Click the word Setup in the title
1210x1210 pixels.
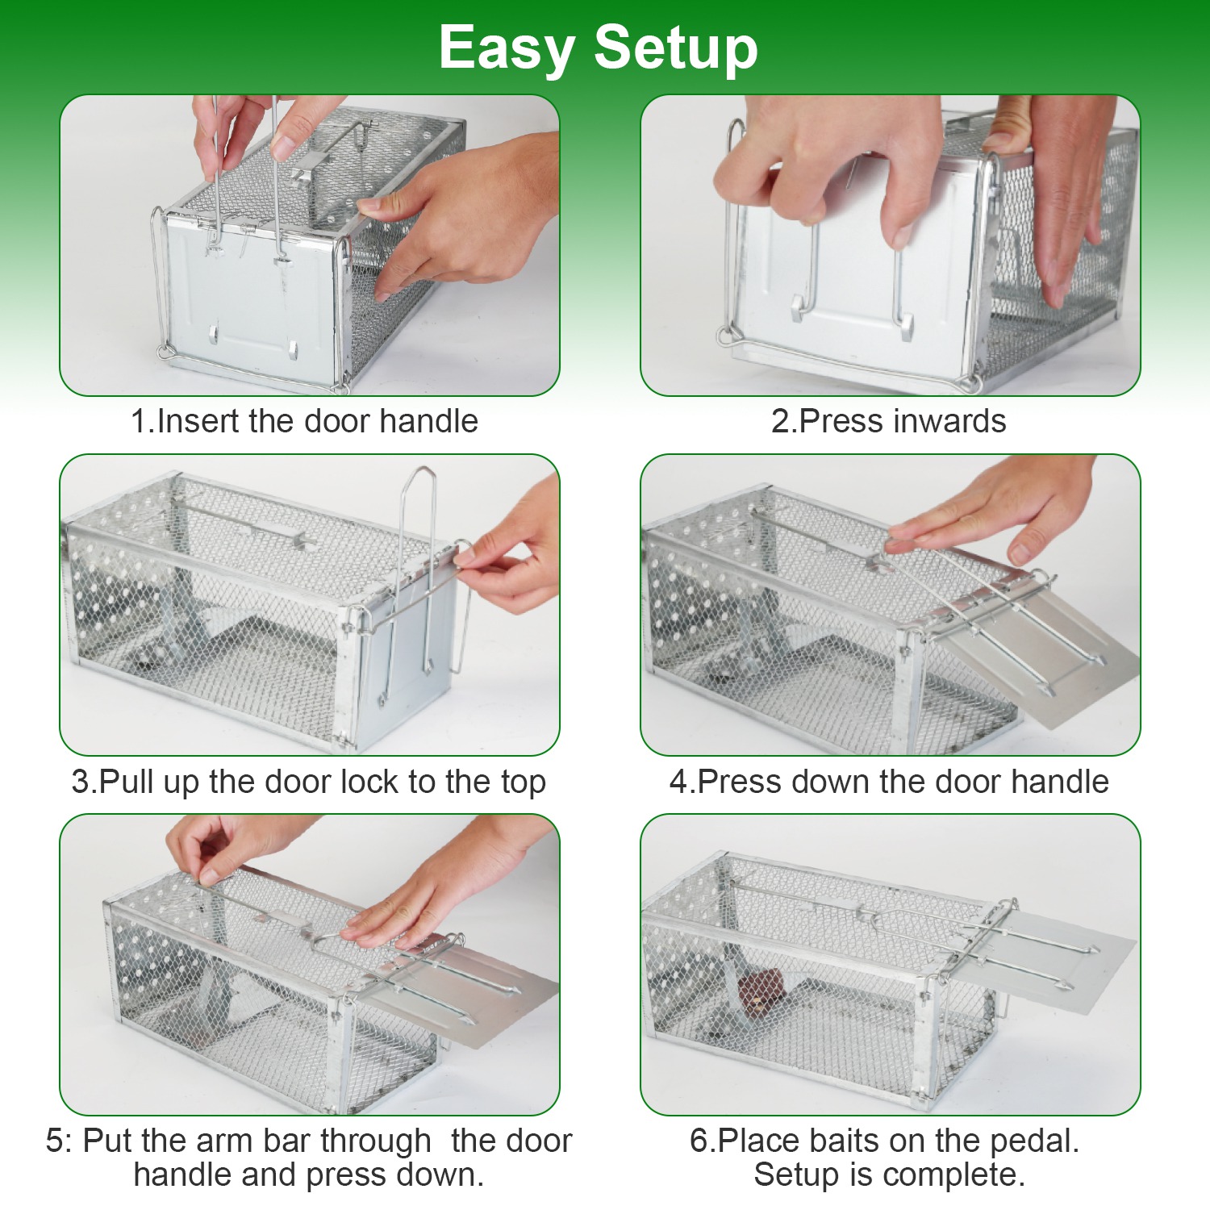click(x=676, y=48)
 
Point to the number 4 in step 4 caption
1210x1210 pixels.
click(x=678, y=782)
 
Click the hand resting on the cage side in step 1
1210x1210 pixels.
click(x=460, y=218)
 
